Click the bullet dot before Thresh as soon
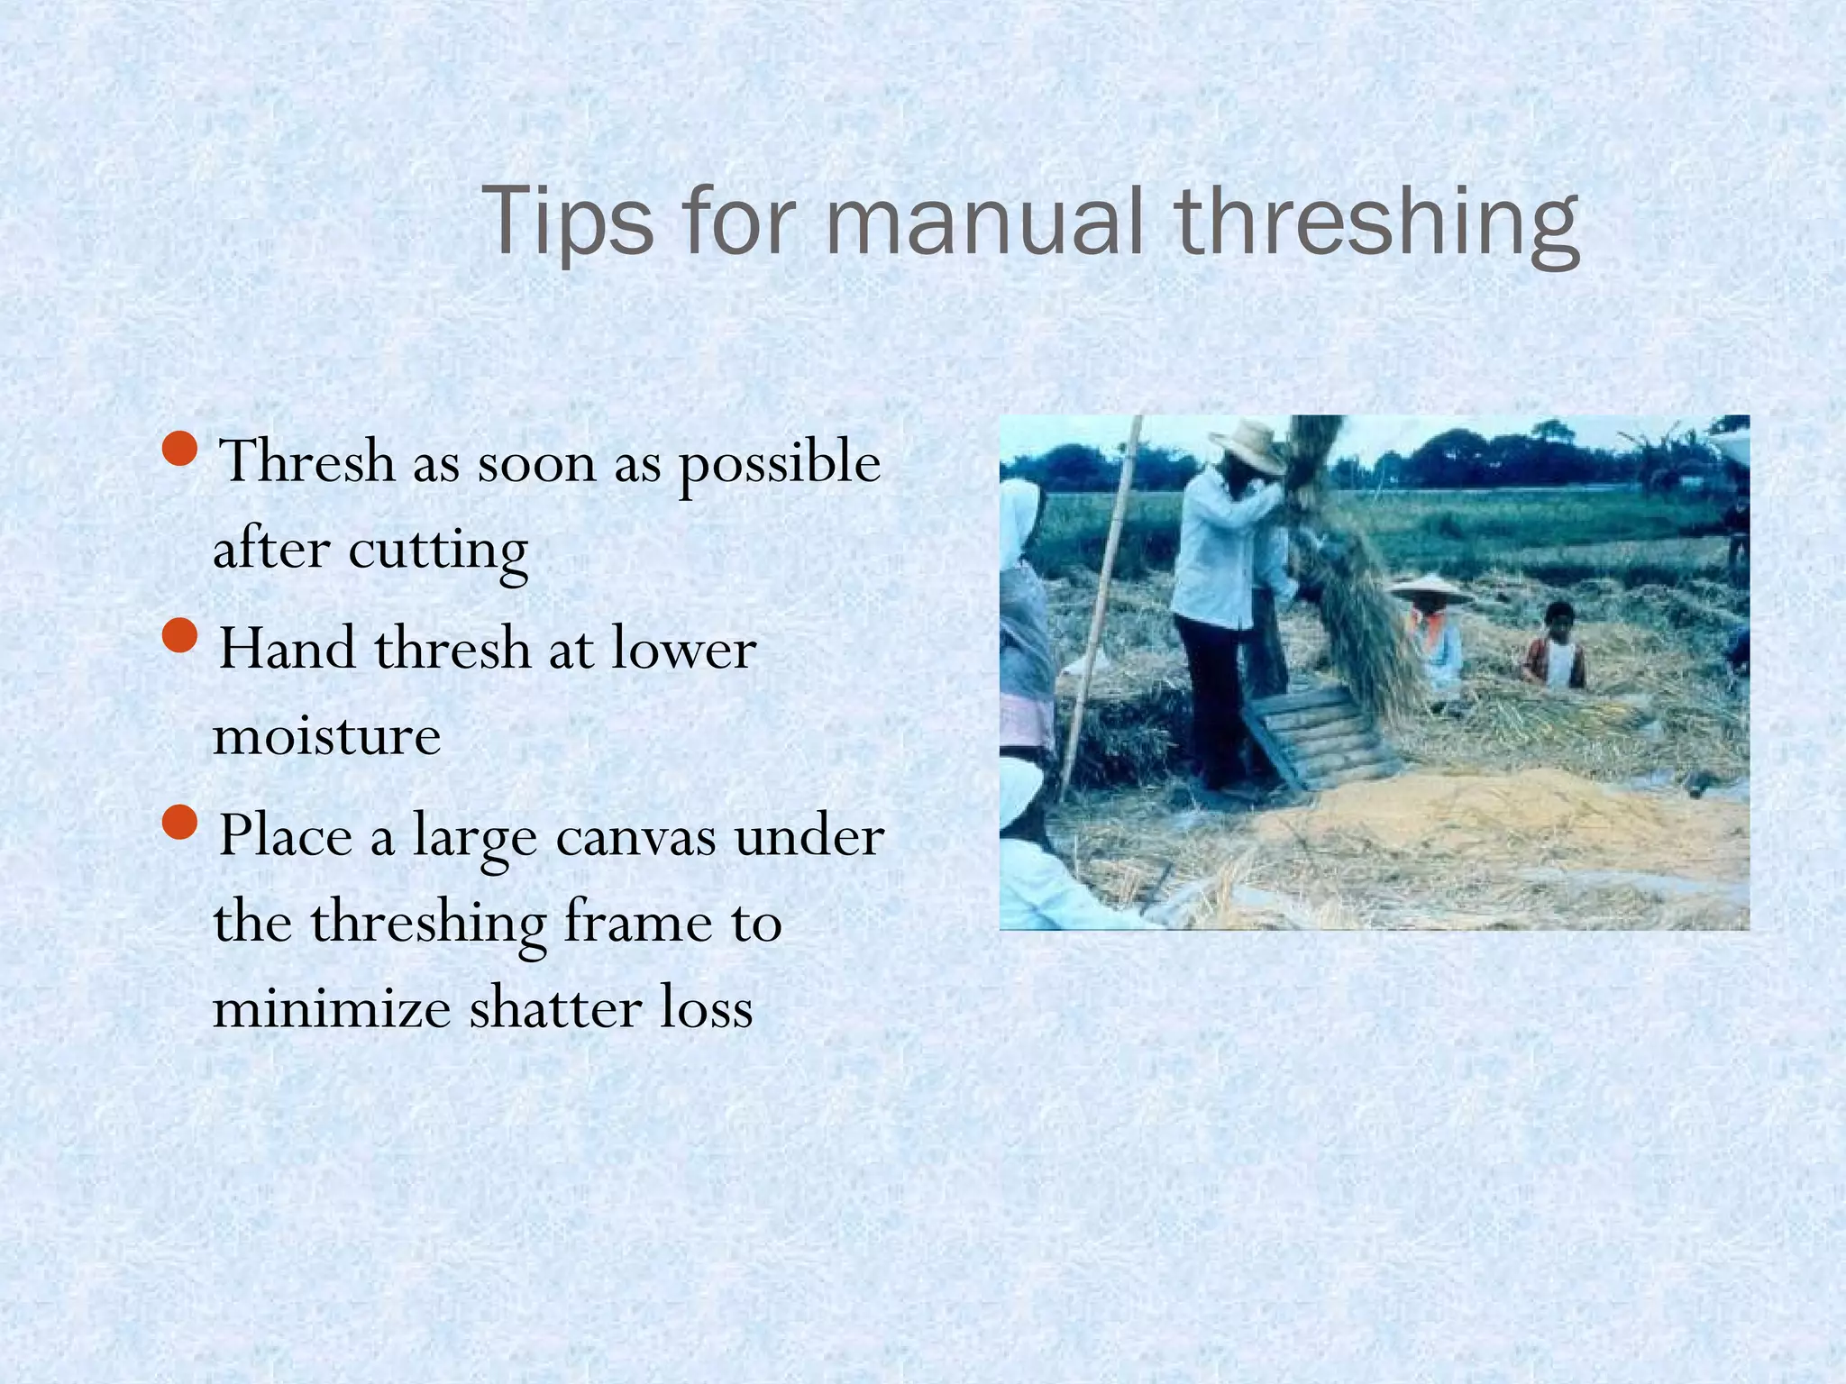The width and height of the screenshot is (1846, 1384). pyautogui.click(x=181, y=448)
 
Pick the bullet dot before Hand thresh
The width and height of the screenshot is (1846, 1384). pyautogui.click(x=181, y=635)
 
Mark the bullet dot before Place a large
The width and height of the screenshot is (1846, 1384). pyautogui.click(x=181, y=822)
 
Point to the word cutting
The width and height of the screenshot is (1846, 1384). pyautogui.click(x=438, y=551)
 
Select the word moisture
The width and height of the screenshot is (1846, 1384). pyautogui.click(x=326, y=736)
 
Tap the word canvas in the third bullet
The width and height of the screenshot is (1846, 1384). pyautogui.click(x=636, y=836)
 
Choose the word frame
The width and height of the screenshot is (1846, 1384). pyautogui.click(x=638, y=923)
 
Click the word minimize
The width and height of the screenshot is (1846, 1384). pyautogui.click(x=332, y=1008)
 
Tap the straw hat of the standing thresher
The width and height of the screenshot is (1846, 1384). pyautogui.click(x=1248, y=445)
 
